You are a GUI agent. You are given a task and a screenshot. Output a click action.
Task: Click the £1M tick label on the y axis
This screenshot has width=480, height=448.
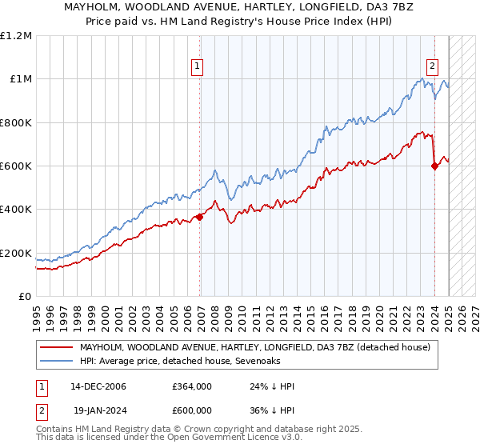click(x=20, y=78)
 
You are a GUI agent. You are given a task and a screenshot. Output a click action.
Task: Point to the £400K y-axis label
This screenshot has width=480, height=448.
click(x=16, y=210)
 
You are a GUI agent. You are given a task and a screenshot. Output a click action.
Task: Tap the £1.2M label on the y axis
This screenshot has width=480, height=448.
click(x=16, y=35)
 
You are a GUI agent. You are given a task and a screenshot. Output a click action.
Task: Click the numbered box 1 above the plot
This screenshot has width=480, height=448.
click(x=197, y=67)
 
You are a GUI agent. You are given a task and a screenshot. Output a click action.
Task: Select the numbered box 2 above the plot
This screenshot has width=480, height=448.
click(x=432, y=67)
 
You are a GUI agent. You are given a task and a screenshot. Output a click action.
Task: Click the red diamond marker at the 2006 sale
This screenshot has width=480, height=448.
click(x=199, y=217)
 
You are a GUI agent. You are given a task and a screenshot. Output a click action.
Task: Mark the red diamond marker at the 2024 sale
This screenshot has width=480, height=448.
click(x=434, y=166)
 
